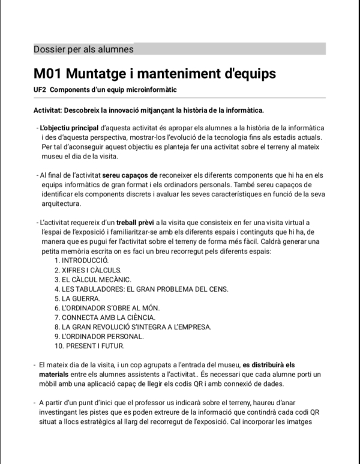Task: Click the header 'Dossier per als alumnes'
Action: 83,49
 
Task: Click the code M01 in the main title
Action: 47,74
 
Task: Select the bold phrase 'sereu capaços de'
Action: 130,175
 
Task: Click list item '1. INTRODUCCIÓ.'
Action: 81,261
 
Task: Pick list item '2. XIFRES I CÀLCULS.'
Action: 88,270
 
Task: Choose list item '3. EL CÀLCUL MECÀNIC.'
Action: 92,279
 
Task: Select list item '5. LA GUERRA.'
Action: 77,298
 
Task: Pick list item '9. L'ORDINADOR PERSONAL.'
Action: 99,336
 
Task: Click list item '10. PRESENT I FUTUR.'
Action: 89,346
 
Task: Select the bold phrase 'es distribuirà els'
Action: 269,364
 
